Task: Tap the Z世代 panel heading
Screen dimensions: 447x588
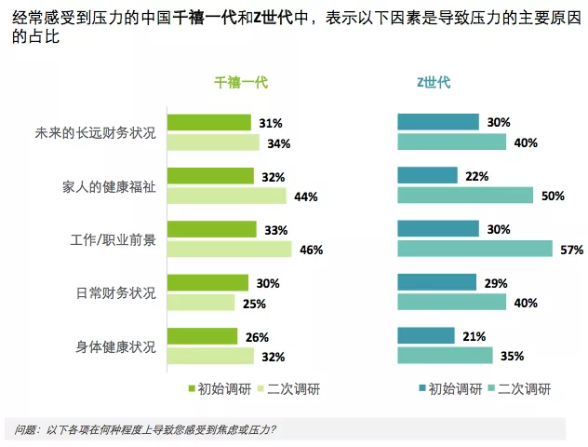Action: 434,82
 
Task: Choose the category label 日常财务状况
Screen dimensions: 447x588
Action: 115,292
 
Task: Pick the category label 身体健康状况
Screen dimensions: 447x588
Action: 115,345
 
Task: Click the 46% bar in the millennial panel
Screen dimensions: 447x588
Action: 229,249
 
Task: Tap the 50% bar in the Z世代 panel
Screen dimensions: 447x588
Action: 465,196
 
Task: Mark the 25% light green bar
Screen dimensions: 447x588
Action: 201,303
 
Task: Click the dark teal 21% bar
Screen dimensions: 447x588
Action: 426,335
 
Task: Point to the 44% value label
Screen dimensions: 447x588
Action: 306,196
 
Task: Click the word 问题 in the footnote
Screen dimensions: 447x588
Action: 24,429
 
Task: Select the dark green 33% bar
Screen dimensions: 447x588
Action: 211,229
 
